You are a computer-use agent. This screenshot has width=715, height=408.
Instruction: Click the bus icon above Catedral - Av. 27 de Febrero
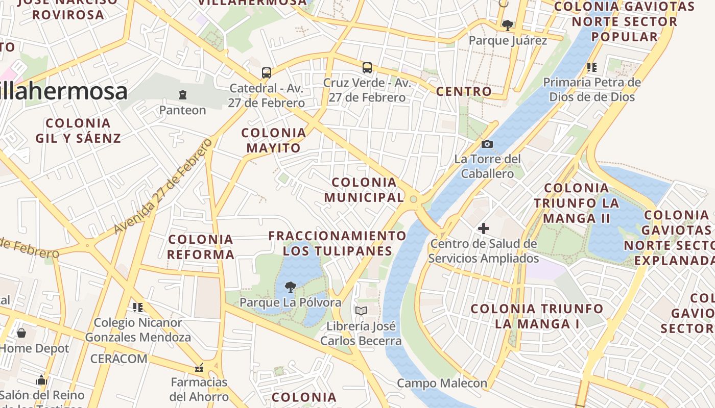[x=266, y=73]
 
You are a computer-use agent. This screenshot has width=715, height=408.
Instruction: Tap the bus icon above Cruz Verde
[x=367, y=67]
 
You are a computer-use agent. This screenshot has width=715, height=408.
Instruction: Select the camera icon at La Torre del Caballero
[x=487, y=144]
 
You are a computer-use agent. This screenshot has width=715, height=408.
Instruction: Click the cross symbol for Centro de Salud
[x=483, y=228]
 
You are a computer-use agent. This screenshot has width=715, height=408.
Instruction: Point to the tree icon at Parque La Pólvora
[x=290, y=287]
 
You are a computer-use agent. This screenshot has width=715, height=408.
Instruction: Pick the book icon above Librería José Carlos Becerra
[x=361, y=311]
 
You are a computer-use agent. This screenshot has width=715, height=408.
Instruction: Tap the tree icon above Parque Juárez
[x=507, y=25]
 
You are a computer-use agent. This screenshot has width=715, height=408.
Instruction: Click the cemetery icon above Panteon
[x=182, y=95]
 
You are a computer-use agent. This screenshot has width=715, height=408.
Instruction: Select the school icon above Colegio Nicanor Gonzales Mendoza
[x=137, y=307]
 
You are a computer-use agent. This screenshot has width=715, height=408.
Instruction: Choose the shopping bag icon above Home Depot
[x=21, y=333]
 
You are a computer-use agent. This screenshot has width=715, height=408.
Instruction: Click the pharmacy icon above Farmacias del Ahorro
[x=199, y=367]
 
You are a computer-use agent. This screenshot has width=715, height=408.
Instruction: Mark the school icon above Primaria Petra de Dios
[x=592, y=67]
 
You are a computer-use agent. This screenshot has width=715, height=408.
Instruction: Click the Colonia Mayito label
[x=274, y=140]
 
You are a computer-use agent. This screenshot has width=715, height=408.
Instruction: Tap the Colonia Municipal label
[x=364, y=190]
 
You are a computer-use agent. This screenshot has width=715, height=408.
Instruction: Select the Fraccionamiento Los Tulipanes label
[x=337, y=243]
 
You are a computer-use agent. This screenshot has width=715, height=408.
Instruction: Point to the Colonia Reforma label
[x=201, y=246]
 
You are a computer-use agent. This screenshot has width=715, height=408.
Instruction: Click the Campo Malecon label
[x=442, y=383]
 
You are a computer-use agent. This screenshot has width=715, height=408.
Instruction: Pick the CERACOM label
[x=118, y=359]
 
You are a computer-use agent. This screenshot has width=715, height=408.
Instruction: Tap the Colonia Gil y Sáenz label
[x=78, y=131]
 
